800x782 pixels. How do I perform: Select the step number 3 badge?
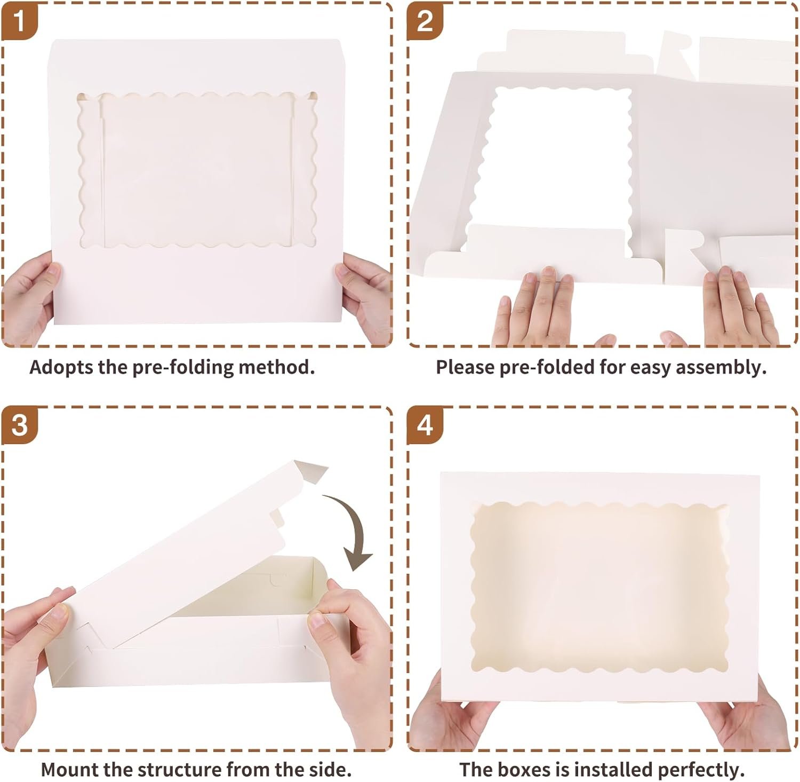click(x=19, y=425)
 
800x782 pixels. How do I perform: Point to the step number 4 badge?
click(x=425, y=425)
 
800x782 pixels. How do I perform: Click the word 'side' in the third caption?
click(x=332, y=770)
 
